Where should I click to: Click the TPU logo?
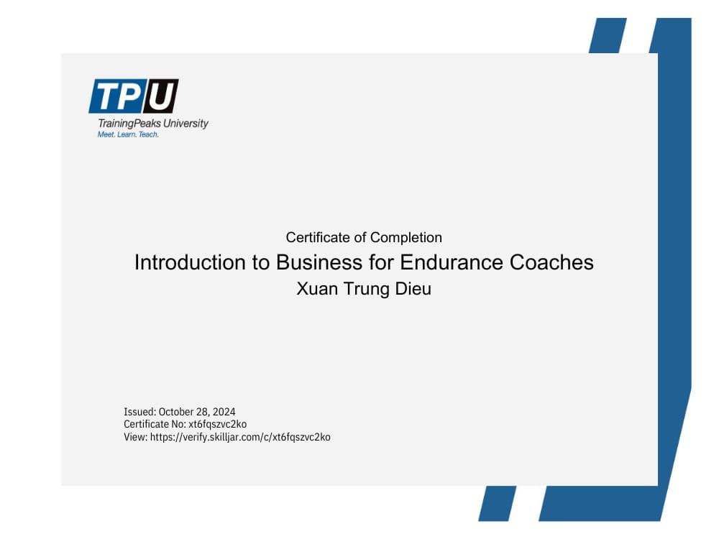[x=134, y=96]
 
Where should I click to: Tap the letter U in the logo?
[x=161, y=96]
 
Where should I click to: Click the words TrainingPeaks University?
[x=152, y=123]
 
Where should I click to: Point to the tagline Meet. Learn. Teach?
[x=128, y=134]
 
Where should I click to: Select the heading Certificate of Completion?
[x=364, y=237]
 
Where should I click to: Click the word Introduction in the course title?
[x=190, y=262]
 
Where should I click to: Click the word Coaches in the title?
[x=551, y=262]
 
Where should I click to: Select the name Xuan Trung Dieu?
[x=364, y=290]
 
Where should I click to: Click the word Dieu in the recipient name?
[x=413, y=290]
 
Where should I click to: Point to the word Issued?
[x=139, y=412]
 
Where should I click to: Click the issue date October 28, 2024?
[x=197, y=412]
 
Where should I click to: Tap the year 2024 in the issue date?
[x=224, y=412]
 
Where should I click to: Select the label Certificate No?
[x=154, y=424]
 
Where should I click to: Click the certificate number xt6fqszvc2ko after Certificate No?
[x=217, y=424]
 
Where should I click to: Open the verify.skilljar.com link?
[x=240, y=436]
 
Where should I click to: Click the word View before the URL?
[x=134, y=436]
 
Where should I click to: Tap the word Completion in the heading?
[x=406, y=237]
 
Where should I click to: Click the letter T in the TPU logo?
[x=106, y=96]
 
